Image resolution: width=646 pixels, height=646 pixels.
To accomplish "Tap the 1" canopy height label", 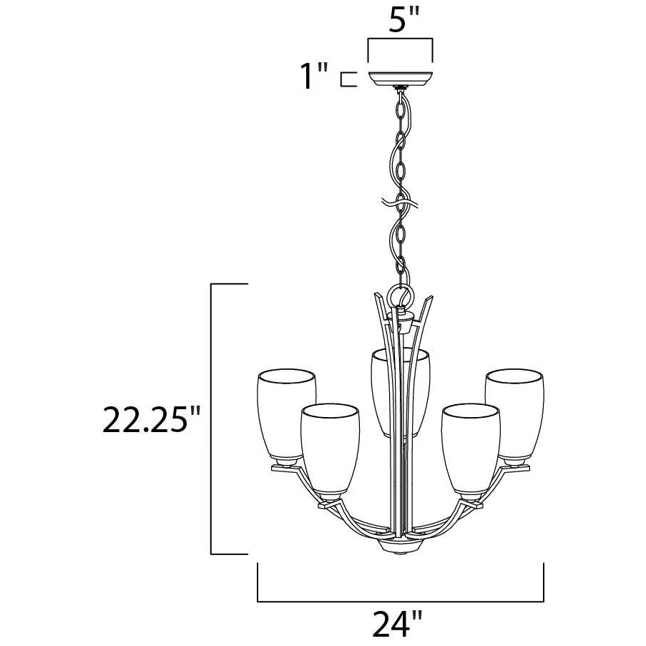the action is coord(314,76).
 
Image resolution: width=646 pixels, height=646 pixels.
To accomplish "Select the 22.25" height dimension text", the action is coord(151,419).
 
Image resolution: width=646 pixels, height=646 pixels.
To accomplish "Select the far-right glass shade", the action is coord(514,413).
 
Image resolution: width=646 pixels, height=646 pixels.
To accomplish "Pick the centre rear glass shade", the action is coord(401,392).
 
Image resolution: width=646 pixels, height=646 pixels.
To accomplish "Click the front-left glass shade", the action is coord(330,449).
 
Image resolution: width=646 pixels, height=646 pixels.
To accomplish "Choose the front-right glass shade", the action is coord(471,449).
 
